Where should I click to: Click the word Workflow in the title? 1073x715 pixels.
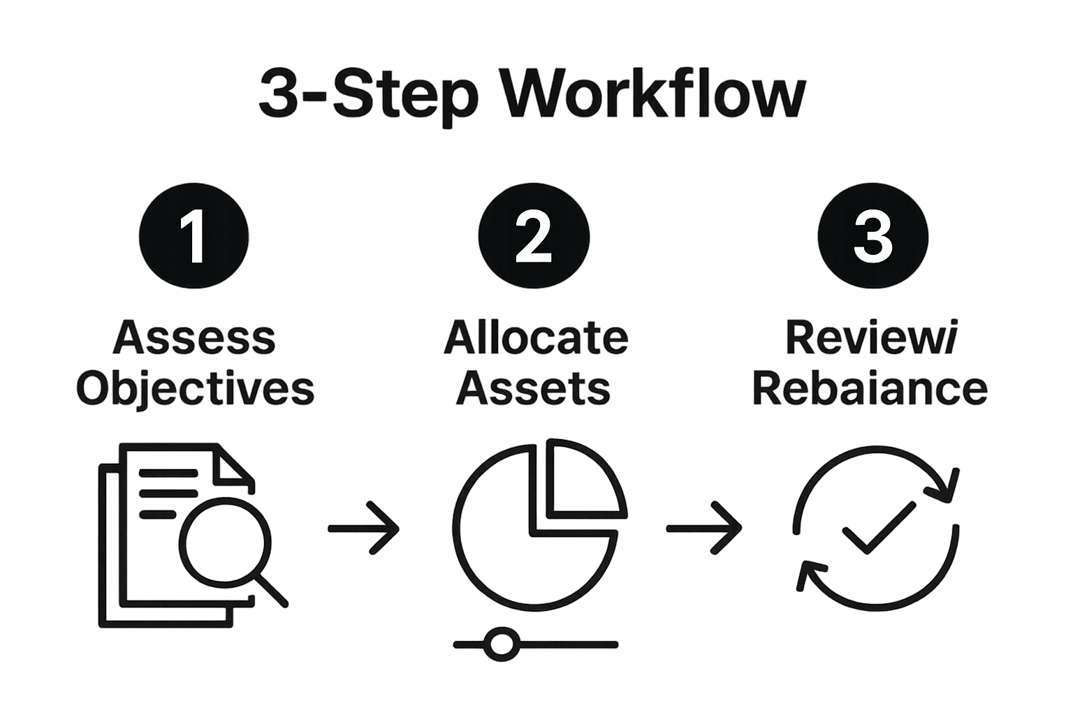(x=652, y=94)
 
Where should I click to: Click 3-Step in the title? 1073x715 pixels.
(x=368, y=94)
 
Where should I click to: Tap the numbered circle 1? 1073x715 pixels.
(x=194, y=236)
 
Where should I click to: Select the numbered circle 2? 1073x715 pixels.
(x=534, y=236)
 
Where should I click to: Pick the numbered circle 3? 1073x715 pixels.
(x=873, y=236)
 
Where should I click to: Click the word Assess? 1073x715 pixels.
(x=194, y=337)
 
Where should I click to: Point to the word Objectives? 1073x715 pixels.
(x=195, y=388)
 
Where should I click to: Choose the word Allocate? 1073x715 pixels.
(x=536, y=337)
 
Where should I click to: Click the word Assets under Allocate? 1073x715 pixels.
(x=534, y=388)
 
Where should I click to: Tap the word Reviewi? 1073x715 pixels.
(x=870, y=337)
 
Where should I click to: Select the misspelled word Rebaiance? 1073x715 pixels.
(x=870, y=388)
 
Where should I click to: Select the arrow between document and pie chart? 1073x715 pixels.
(x=363, y=529)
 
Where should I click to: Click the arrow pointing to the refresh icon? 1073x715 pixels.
(x=703, y=529)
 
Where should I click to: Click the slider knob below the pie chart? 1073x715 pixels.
(x=501, y=644)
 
